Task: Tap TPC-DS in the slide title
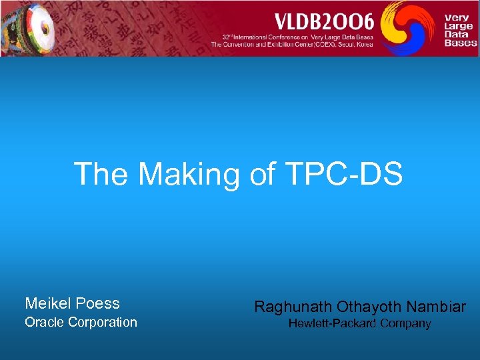pos(346,174)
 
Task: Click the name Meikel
pos(48,304)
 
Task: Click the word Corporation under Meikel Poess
pos(105,323)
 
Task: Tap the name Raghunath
pos(293,307)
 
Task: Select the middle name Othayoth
pos(370,307)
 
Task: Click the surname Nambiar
pos(437,307)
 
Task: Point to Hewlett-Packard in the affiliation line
pos(331,324)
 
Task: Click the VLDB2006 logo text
pos(317,19)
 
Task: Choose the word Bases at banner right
pos(461,43)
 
